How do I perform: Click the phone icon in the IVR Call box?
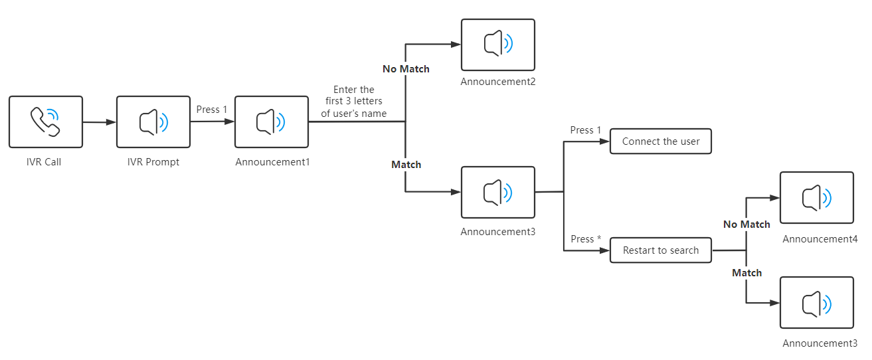[x=45, y=122]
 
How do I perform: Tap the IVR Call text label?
[x=44, y=161]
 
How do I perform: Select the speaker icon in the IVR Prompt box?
[x=153, y=122]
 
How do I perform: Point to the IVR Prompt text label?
[x=153, y=161]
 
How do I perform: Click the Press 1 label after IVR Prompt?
[x=212, y=110]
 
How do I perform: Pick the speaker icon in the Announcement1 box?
[x=271, y=122]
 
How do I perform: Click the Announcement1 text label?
[x=272, y=161]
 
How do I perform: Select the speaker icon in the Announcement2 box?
[x=498, y=45]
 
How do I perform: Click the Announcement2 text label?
[x=498, y=82]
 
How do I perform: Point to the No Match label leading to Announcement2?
[x=406, y=69]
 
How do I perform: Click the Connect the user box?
[x=661, y=141]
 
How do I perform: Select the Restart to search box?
[x=661, y=250]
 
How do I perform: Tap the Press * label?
[x=586, y=239]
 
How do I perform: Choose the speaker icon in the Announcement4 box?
[x=816, y=197]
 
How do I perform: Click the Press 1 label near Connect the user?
[x=586, y=130]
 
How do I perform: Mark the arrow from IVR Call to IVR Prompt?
[x=99, y=122]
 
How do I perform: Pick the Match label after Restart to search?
[x=746, y=273]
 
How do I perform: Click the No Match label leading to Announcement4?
[x=746, y=225]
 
